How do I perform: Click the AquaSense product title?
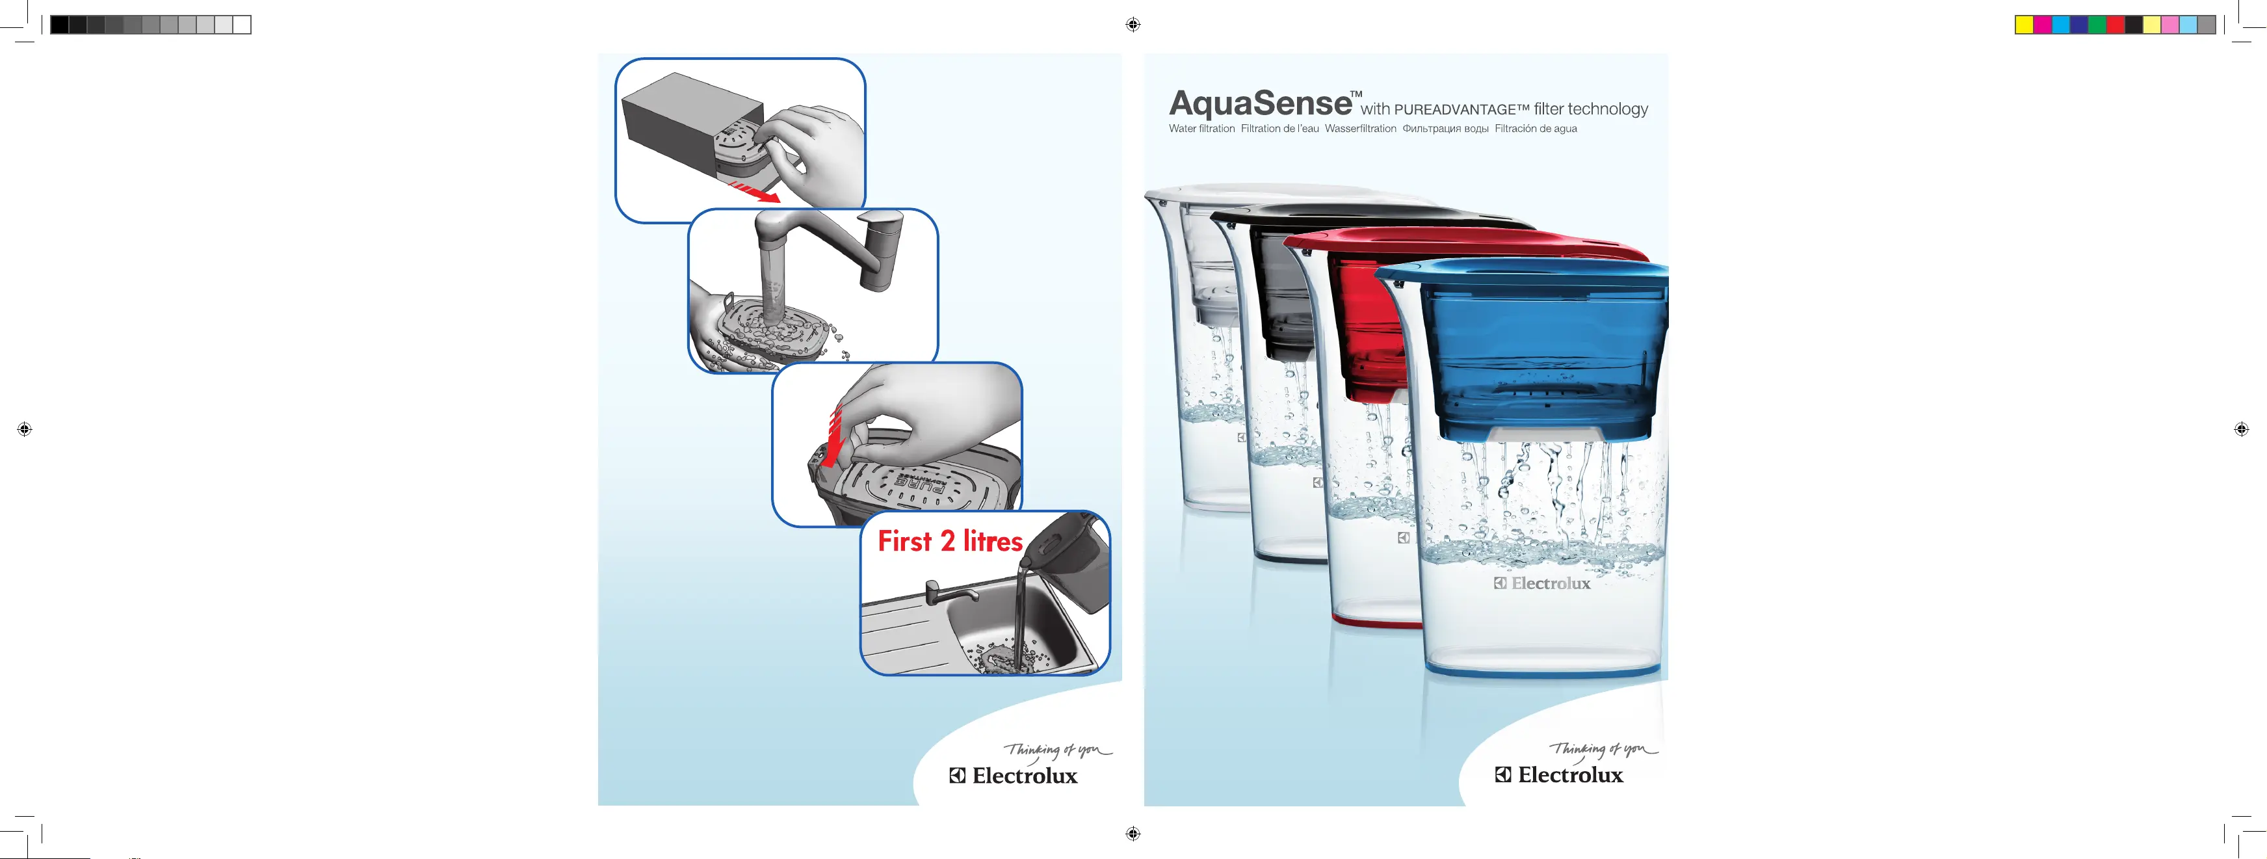point(1260,105)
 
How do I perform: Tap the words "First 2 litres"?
point(950,540)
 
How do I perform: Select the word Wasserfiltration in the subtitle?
point(1361,129)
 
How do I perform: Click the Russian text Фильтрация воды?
point(1445,129)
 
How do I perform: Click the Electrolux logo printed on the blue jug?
point(1542,583)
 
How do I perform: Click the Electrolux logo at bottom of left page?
point(1013,775)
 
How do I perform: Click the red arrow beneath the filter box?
point(753,192)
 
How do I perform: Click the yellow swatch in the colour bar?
point(2024,25)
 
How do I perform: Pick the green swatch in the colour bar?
point(2097,25)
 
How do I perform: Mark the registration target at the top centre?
point(1133,25)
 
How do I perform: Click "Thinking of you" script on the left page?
point(1057,751)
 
